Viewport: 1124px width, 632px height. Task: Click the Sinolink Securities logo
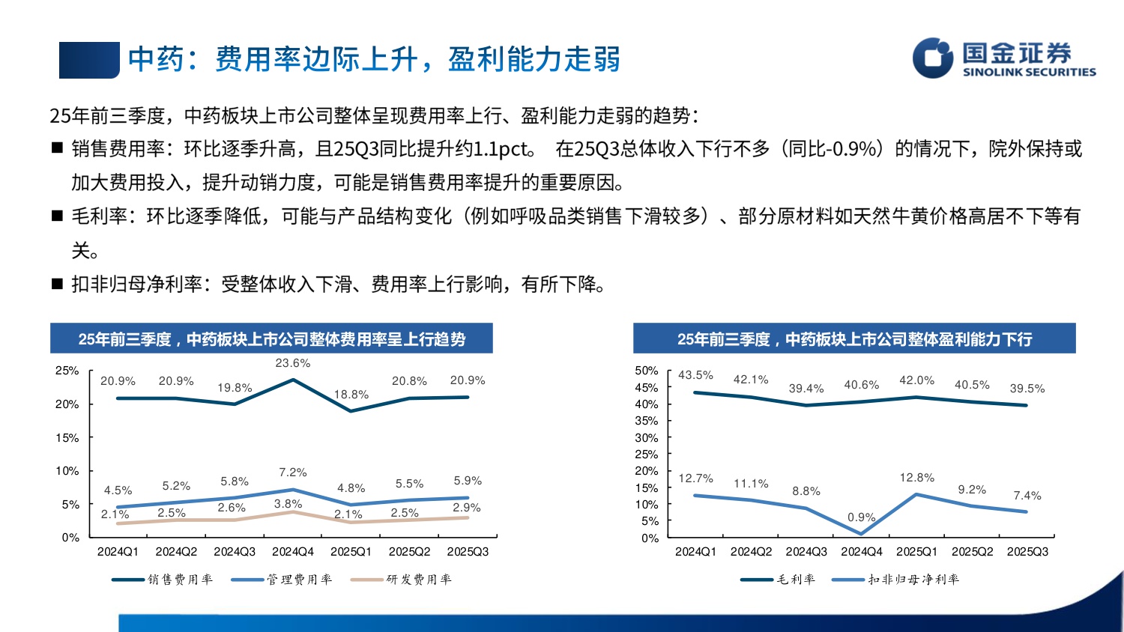click(1003, 58)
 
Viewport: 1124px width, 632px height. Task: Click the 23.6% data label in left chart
click(292, 363)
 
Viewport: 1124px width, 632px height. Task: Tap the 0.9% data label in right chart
click(861, 517)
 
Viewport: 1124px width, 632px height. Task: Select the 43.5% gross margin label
click(695, 375)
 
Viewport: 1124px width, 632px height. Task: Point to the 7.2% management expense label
click(292, 473)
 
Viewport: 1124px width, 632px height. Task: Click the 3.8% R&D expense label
click(288, 504)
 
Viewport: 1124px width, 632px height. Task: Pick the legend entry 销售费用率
click(163, 580)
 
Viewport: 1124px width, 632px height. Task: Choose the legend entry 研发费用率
click(402, 580)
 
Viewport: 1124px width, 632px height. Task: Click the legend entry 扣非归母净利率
click(895, 580)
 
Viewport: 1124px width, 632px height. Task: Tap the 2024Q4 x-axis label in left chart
click(292, 552)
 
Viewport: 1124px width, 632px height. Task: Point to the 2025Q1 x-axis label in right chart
click(916, 552)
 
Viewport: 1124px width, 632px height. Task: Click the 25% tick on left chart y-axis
click(67, 371)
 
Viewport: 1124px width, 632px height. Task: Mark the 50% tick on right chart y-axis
click(647, 371)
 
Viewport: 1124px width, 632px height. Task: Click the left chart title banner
click(271, 339)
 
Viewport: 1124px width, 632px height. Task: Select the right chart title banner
click(854, 339)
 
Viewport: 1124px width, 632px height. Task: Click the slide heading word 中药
click(156, 59)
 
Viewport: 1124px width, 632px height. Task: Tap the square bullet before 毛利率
click(57, 216)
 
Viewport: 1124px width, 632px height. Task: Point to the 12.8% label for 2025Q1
click(916, 478)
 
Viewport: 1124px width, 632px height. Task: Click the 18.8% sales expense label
click(351, 395)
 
